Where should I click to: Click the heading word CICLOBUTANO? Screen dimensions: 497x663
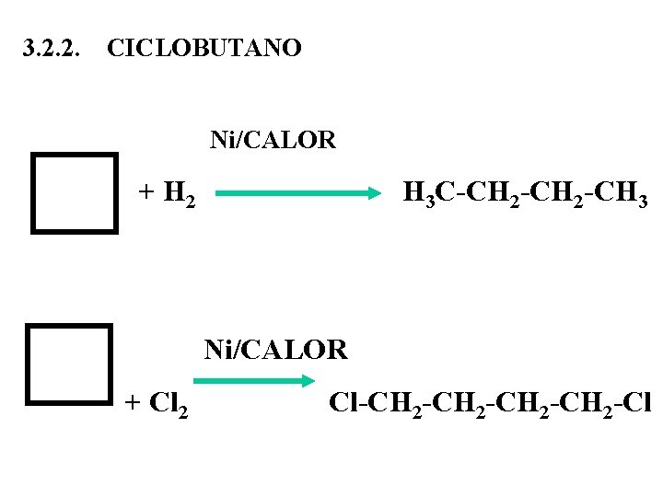pyautogui.click(x=204, y=48)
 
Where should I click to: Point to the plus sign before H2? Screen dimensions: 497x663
pyautogui.click(x=145, y=192)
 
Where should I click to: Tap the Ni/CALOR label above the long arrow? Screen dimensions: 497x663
pyautogui.click(x=273, y=140)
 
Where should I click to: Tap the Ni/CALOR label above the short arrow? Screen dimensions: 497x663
pyautogui.click(x=275, y=350)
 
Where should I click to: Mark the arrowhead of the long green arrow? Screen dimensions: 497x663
pyautogui.click(x=374, y=194)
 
